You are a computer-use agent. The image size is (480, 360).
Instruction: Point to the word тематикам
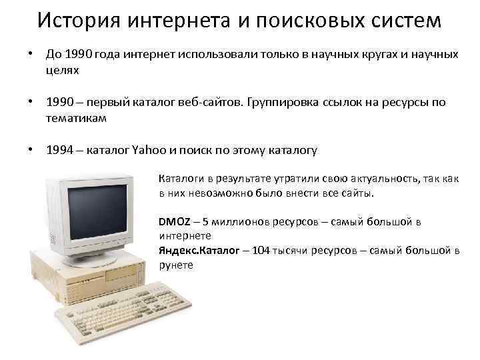click(x=73, y=117)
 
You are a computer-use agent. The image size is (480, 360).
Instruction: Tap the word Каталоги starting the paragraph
click(x=180, y=179)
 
